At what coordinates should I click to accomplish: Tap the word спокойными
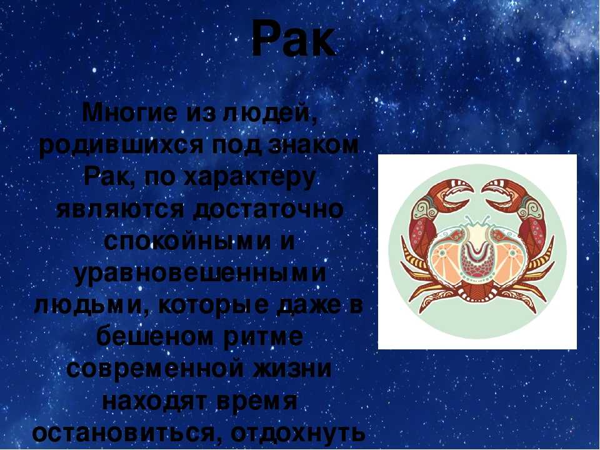pos(184,242)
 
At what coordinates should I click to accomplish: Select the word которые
pos(211,308)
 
